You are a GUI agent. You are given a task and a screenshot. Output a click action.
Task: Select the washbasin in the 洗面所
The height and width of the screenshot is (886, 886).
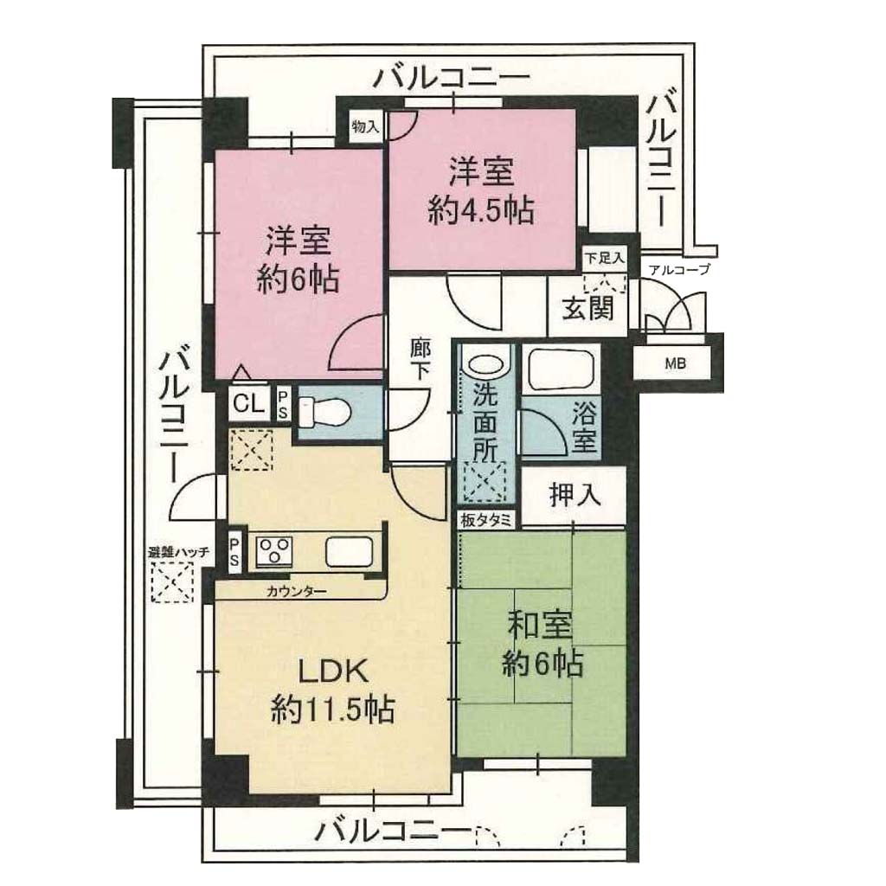(x=485, y=364)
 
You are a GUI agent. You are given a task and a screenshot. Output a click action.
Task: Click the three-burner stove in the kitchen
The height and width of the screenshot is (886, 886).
(x=274, y=549)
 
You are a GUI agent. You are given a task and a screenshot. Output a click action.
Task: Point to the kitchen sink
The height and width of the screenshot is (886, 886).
(x=349, y=551)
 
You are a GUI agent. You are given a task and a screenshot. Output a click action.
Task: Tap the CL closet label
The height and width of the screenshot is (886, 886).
(x=248, y=404)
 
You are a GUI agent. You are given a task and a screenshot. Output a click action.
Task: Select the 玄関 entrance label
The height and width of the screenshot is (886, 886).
(x=587, y=309)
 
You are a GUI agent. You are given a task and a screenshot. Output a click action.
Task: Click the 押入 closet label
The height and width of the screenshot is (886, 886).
(x=575, y=496)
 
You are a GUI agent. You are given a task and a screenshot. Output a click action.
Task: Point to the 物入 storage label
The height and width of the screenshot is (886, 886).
(x=365, y=125)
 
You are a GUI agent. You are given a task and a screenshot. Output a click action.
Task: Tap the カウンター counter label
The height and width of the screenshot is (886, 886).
(x=296, y=592)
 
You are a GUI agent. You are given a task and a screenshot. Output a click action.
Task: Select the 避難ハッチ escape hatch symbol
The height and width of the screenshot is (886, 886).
(x=172, y=581)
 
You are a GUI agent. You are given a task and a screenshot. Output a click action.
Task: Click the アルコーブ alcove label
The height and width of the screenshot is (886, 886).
(x=679, y=270)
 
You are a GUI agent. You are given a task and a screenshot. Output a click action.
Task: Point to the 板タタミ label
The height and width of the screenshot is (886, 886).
(x=486, y=520)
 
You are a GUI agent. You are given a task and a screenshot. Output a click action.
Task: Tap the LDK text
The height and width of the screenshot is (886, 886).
(x=333, y=671)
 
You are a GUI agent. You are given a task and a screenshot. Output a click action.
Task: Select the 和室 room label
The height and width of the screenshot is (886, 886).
(x=540, y=626)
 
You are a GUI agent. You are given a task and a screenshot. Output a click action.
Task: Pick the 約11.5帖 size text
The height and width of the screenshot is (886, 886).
(x=333, y=709)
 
